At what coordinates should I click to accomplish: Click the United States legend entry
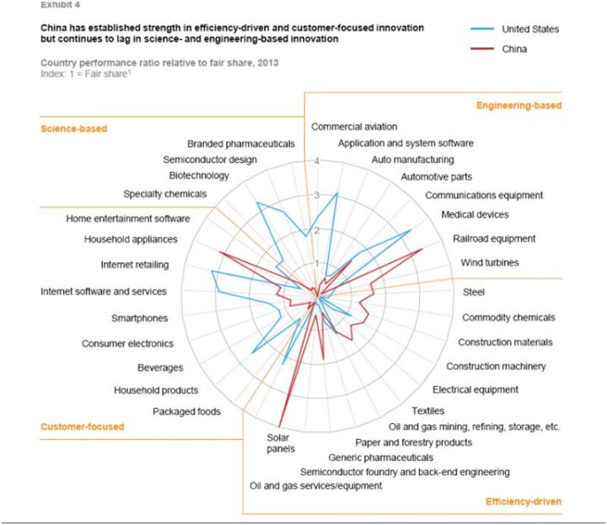(529, 29)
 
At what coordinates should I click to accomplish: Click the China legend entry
(514, 50)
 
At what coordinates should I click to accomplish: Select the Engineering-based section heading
(518, 105)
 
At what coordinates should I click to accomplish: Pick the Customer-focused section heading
(82, 426)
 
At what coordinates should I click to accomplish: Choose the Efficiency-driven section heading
(523, 502)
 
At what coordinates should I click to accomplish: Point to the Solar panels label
(278, 443)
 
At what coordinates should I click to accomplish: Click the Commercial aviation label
(354, 126)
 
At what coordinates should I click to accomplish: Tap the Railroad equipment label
(493, 238)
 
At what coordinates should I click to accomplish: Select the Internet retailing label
(134, 265)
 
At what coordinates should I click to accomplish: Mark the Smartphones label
(139, 319)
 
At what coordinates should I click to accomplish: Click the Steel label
(473, 292)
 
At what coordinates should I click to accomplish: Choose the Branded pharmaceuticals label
(240, 144)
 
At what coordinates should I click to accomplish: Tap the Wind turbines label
(490, 263)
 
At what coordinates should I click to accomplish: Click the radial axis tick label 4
(317, 161)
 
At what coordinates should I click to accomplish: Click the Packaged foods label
(186, 411)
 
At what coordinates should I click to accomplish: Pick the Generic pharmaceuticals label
(375, 458)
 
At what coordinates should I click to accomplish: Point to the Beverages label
(160, 367)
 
